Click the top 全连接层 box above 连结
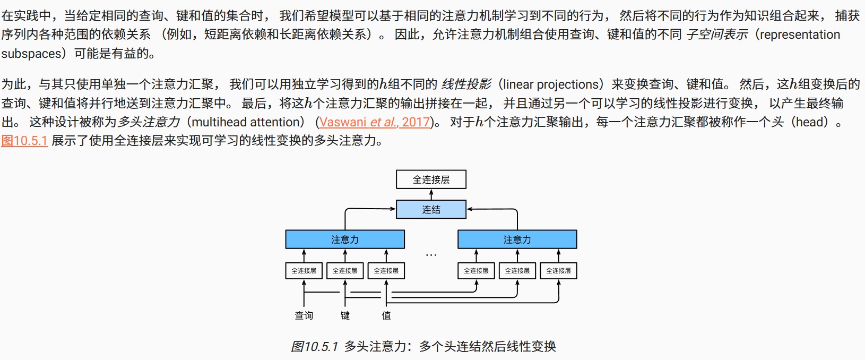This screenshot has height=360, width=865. point(431,179)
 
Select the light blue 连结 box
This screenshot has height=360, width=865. point(431,209)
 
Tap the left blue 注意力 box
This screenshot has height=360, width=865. point(345,239)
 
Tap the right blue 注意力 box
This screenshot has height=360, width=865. point(517,239)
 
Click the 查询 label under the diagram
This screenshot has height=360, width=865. point(304,315)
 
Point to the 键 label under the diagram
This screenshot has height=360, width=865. point(345,315)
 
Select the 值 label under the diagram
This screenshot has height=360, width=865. point(386,315)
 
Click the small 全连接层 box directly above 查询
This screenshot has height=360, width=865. point(304,271)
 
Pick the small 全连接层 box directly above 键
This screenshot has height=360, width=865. point(345,271)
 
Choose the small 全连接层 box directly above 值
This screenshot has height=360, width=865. point(386,271)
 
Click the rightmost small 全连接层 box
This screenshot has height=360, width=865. point(558,271)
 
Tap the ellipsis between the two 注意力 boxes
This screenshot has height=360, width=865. point(431,255)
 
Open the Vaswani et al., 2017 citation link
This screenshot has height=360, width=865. point(375,122)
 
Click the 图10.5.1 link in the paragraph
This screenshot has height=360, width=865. point(24,141)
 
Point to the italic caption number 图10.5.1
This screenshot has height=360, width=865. point(314,347)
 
